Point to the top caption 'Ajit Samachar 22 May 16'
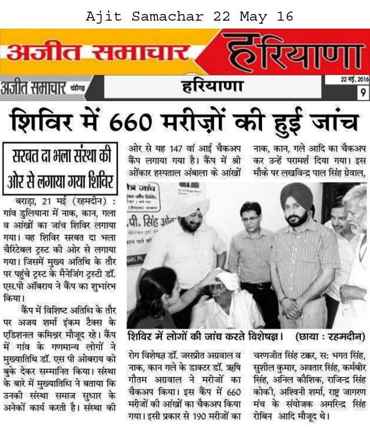pyautogui.click(x=190, y=17)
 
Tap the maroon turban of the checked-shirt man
pyautogui.click(x=296, y=194)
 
